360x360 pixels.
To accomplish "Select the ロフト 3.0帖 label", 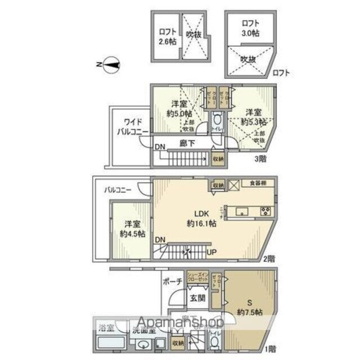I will click(250, 28).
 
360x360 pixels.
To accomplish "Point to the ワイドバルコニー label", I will click(132, 127).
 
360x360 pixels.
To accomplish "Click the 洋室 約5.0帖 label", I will click(180, 108).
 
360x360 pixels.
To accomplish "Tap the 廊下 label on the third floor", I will click(187, 143).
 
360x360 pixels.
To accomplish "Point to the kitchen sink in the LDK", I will click(243, 211).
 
